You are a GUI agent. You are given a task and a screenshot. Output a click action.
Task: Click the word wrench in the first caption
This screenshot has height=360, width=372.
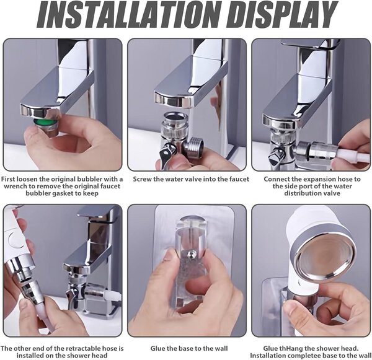tap(16, 186)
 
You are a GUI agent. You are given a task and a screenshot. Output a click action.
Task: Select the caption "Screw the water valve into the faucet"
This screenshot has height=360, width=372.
tap(191, 179)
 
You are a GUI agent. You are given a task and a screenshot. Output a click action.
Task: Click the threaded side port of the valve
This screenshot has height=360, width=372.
tap(194, 146)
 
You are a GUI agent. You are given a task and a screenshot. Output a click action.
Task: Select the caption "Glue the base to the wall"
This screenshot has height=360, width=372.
tap(189, 349)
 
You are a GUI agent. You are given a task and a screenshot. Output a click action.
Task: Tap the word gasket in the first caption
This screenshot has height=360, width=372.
tap(63, 193)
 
